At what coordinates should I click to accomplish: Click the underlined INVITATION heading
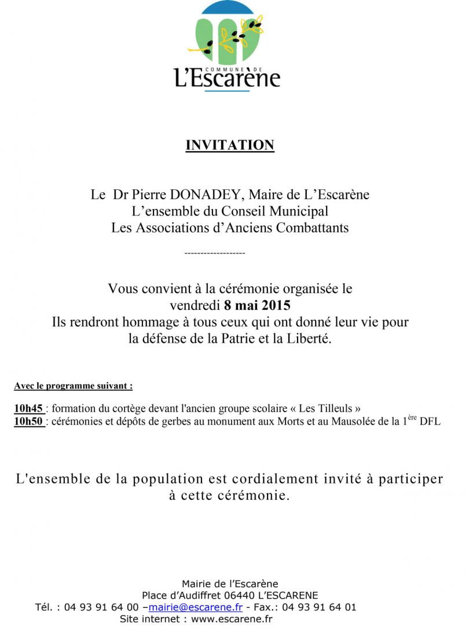pos(230,145)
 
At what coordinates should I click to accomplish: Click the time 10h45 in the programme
pos(28,408)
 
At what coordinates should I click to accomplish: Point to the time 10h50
pos(28,421)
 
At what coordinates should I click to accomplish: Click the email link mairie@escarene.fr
pos(195,607)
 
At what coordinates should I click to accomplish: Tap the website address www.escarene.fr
pos(232,619)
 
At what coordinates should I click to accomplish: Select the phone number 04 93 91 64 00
pos(101,607)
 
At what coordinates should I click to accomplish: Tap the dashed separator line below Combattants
pos(214,254)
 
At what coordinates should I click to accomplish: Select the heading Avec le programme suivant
pos(74,386)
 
